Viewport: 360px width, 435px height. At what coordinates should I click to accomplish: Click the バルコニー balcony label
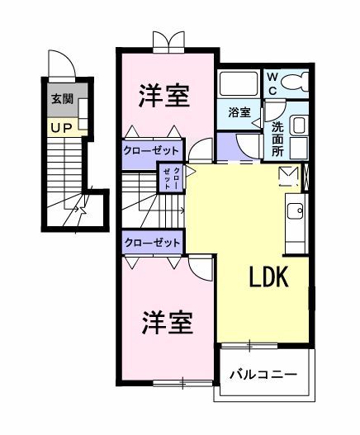coord(263,376)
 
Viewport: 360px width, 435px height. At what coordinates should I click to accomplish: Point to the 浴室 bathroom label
coord(239,112)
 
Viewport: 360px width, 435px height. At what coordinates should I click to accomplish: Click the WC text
coord(272,83)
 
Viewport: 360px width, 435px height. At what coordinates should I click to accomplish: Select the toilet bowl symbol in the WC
coord(297,82)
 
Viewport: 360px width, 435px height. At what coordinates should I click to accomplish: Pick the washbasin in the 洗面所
coord(298,126)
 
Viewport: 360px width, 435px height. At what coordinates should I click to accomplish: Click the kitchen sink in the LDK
coord(296,211)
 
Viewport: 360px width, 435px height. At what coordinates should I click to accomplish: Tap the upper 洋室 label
coord(163,95)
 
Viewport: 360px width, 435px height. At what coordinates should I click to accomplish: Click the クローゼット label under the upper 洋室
coord(152,150)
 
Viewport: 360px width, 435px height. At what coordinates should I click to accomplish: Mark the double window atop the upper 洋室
coord(168,43)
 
